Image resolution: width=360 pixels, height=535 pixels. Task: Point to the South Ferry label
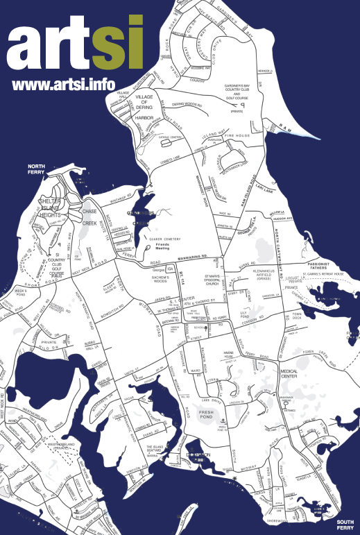point(346,525)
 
